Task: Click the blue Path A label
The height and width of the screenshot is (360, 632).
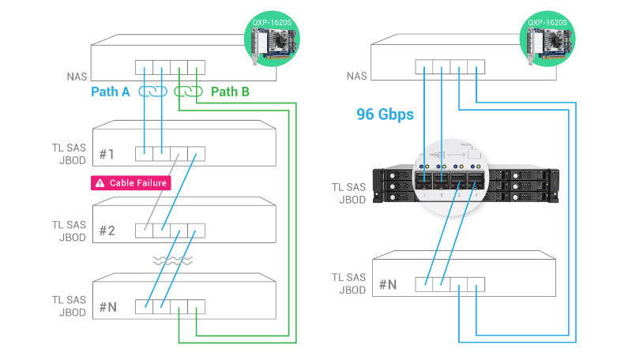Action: point(111,92)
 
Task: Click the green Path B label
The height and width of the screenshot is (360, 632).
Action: point(230,92)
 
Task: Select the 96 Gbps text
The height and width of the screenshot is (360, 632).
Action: point(386,115)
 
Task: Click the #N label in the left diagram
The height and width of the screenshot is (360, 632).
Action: point(108,306)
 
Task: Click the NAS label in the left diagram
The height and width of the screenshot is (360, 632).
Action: point(77,77)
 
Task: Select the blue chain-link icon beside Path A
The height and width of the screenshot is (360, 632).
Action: point(152,92)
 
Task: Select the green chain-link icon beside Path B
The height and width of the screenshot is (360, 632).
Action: point(189,92)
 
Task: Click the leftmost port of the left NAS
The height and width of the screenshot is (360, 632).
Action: point(144,68)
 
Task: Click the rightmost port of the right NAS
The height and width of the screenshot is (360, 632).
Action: point(477,68)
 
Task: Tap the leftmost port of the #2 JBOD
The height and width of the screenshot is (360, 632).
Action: point(144,231)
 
